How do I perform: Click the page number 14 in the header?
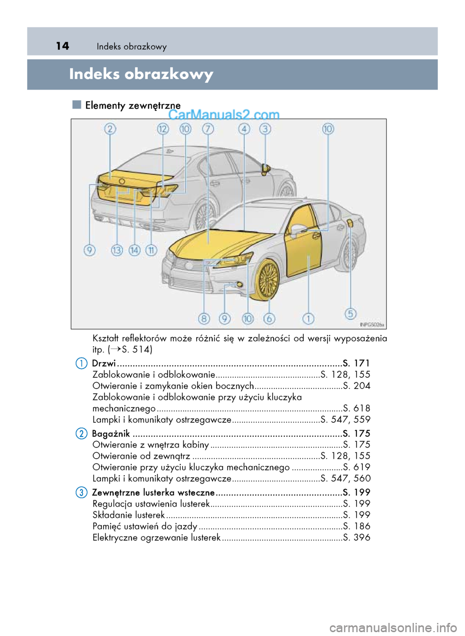click(62, 46)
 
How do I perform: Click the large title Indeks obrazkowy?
click(141, 74)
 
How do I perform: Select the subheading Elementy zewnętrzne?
click(132, 105)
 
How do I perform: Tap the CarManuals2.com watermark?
click(224, 115)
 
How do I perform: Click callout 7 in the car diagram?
click(208, 129)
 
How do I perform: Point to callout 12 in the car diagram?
click(163, 129)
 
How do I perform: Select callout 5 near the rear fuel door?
click(351, 313)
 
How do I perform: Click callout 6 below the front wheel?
click(269, 318)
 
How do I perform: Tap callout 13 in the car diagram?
click(117, 250)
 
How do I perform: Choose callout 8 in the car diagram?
click(204, 318)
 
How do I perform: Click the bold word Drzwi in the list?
click(104, 363)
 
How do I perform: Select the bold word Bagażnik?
click(111, 434)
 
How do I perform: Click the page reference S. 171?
click(356, 363)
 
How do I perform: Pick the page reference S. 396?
click(356, 537)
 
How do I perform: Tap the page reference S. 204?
click(356, 386)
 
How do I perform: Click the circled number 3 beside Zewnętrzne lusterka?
click(81, 493)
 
